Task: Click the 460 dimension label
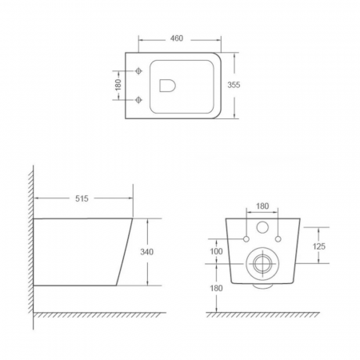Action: pos(177,38)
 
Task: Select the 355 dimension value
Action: pos(234,85)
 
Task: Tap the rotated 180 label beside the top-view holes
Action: pos(118,85)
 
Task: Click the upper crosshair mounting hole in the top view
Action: pos(138,71)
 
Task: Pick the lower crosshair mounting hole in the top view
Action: pos(138,100)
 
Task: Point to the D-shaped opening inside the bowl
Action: pos(167,86)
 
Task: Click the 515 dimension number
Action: pos(82,198)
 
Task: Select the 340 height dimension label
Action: pos(146,252)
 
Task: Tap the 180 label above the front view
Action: pos(262,206)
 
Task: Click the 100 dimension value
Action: pos(216,251)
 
